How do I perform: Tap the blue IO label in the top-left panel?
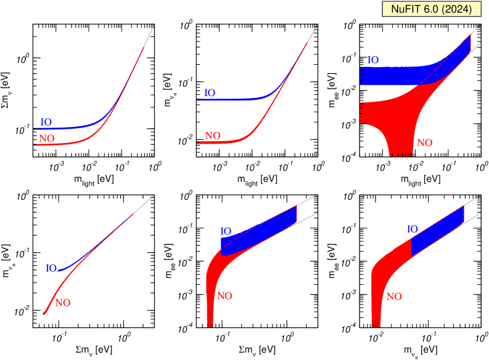(x=46, y=122)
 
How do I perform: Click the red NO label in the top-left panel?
(x=47, y=139)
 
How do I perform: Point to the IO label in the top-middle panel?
(x=210, y=93)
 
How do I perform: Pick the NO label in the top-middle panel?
(x=213, y=136)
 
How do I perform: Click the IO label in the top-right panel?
(x=372, y=60)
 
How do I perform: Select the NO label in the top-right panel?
(x=424, y=143)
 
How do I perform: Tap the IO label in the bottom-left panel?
(x=51, y=269)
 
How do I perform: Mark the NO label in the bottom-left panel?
(x=64, y=303)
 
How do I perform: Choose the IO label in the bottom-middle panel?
(x=227, y=231)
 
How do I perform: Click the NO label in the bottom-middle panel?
(x=224, y=296)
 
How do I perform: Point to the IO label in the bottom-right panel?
(x=412, y=229)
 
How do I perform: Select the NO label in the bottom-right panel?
(x=393, y=297)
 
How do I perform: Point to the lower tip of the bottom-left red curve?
(x=44, y=313)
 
